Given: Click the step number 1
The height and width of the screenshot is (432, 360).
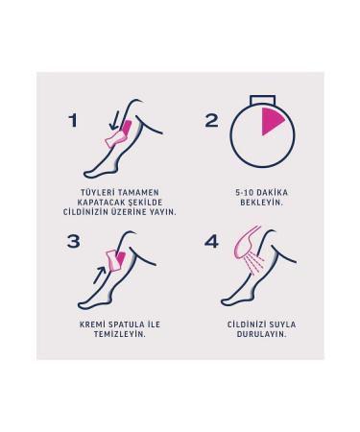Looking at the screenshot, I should click(x=73, y=120).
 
